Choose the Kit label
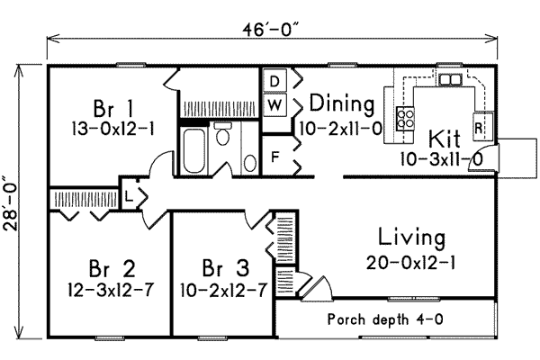tap(444, 139)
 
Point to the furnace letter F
tap(275, 156)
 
